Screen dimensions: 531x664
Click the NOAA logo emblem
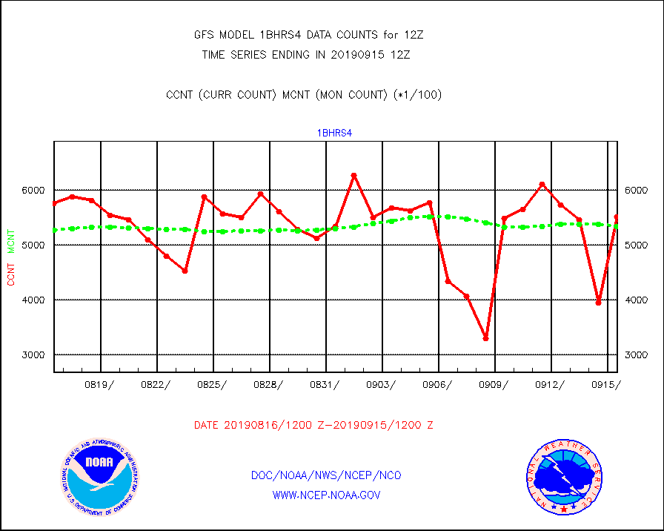pyautogui.click(x=100, y=478)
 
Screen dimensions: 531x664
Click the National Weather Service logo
pyautogui.click(x=563, y=478)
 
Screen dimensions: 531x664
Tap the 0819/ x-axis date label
pyautogui.click(x=99, y=384)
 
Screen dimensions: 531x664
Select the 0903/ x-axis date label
pyautogui.click(x=380, y=384)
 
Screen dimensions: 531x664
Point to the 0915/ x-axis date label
pyautogui.click(x=605, y=384)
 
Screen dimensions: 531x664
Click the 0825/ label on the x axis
pyautogui.click(x=211, y=384)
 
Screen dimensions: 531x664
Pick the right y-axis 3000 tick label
pyautogui.click(x=636, y=354)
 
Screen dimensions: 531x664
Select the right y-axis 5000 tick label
pyautogui.click(x=636, y=245)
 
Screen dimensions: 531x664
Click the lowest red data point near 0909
pyautogui.click(x=485, y=338)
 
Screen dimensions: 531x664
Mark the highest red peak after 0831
pyautogui.click(x=353, y=175)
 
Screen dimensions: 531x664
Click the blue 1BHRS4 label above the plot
pyautogui.click(x=335, y=133)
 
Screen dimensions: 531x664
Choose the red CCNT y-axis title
pyautogui.click(x=11, y=271)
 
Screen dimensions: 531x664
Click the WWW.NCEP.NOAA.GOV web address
pyautogui.click(x=326, y=495)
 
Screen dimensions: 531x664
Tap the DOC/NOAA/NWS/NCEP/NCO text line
pyautogui.click(x=326, y=475)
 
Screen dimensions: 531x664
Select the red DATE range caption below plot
pyautogui.click(x=313, y=425)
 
